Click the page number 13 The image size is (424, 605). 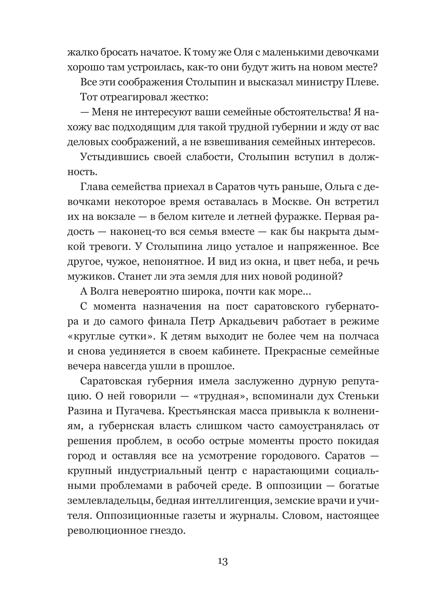coord(223,561)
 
